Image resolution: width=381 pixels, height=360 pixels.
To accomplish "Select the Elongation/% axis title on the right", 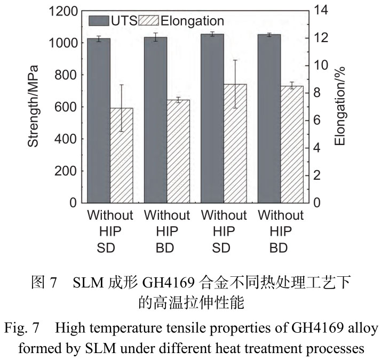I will (x=340, y=106).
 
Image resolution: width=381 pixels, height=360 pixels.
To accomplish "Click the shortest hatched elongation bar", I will (x=121, y=155).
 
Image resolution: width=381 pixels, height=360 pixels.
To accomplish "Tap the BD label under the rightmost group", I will (x=281, y=249).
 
